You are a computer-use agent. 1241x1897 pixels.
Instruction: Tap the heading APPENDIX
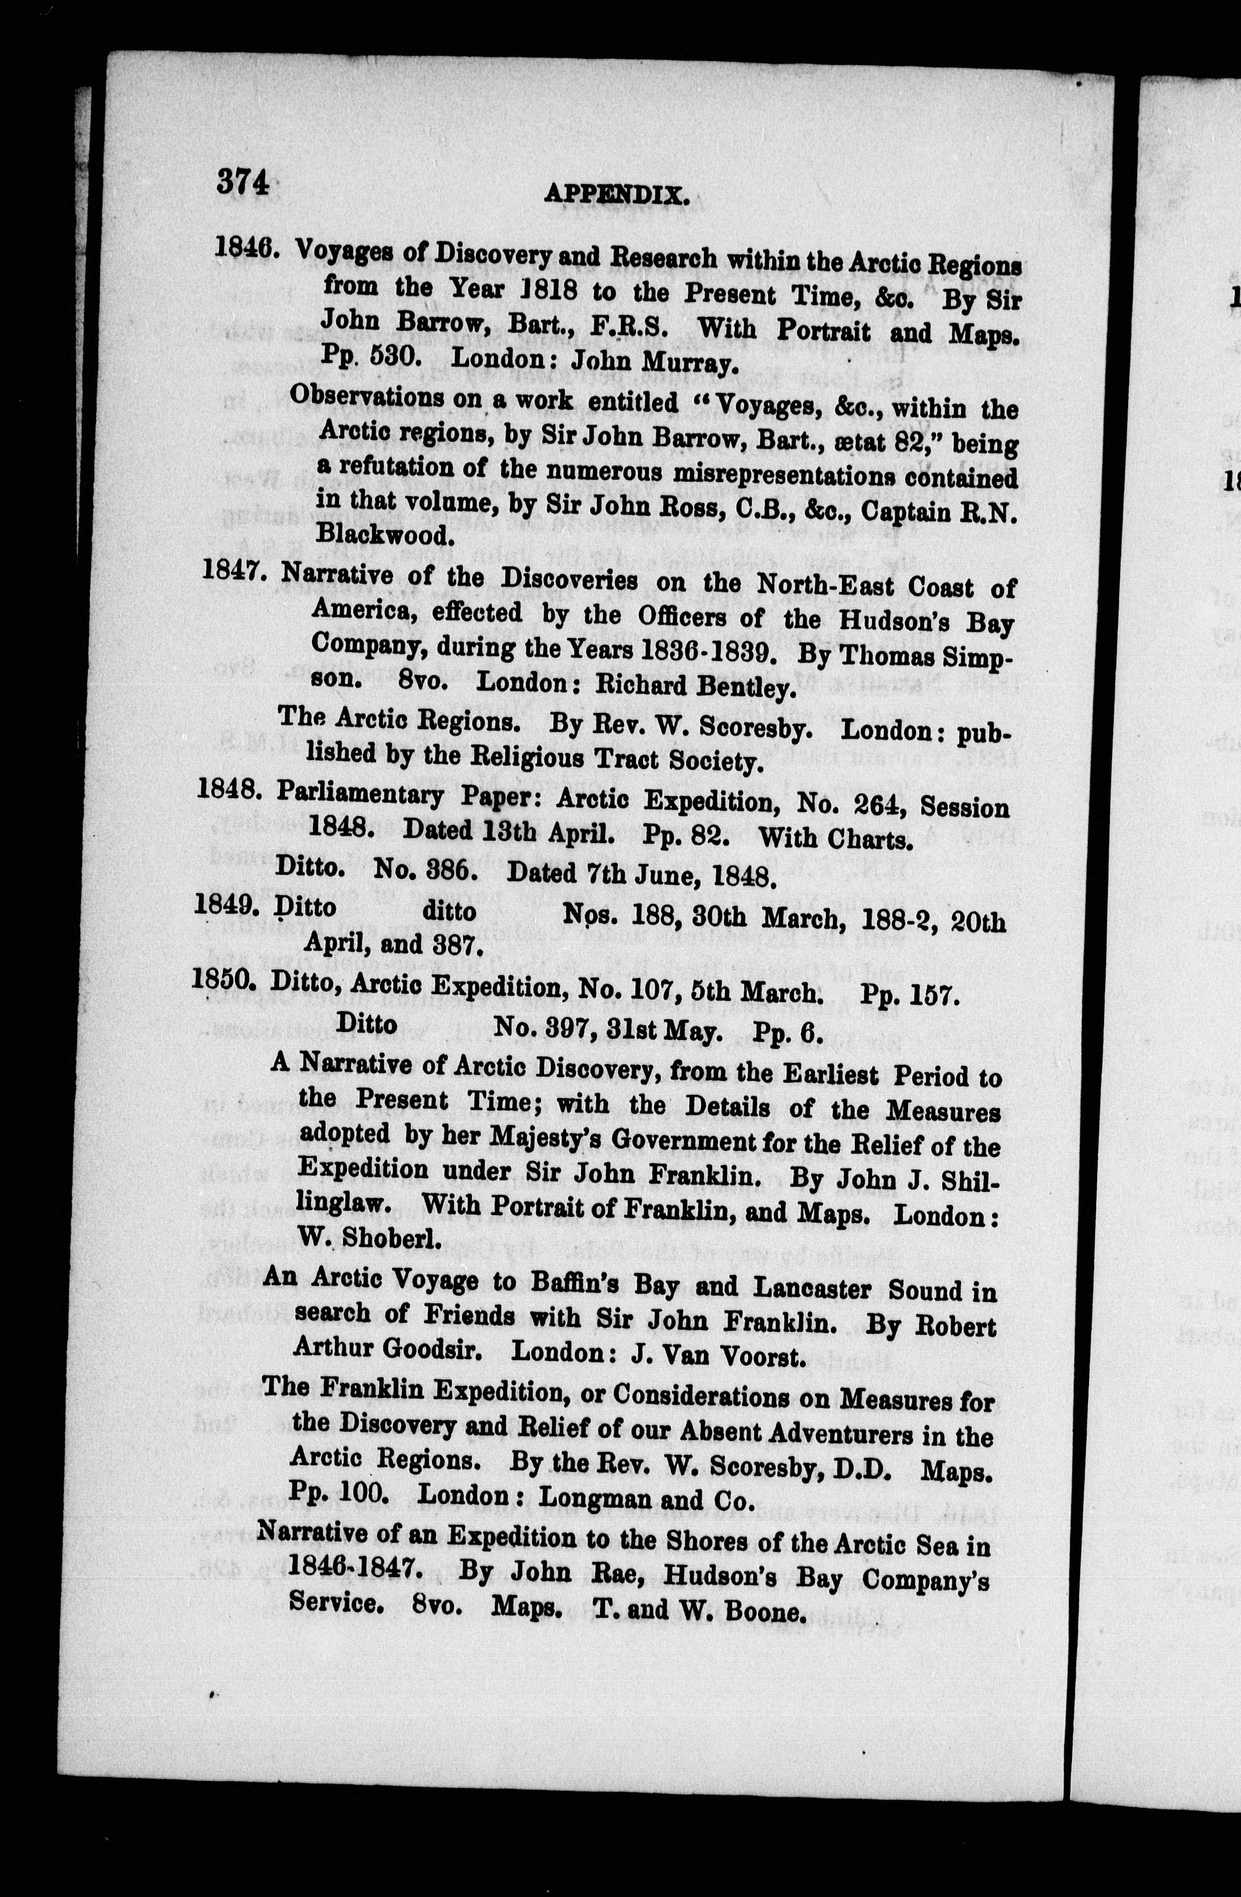click(x=616, y=194)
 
